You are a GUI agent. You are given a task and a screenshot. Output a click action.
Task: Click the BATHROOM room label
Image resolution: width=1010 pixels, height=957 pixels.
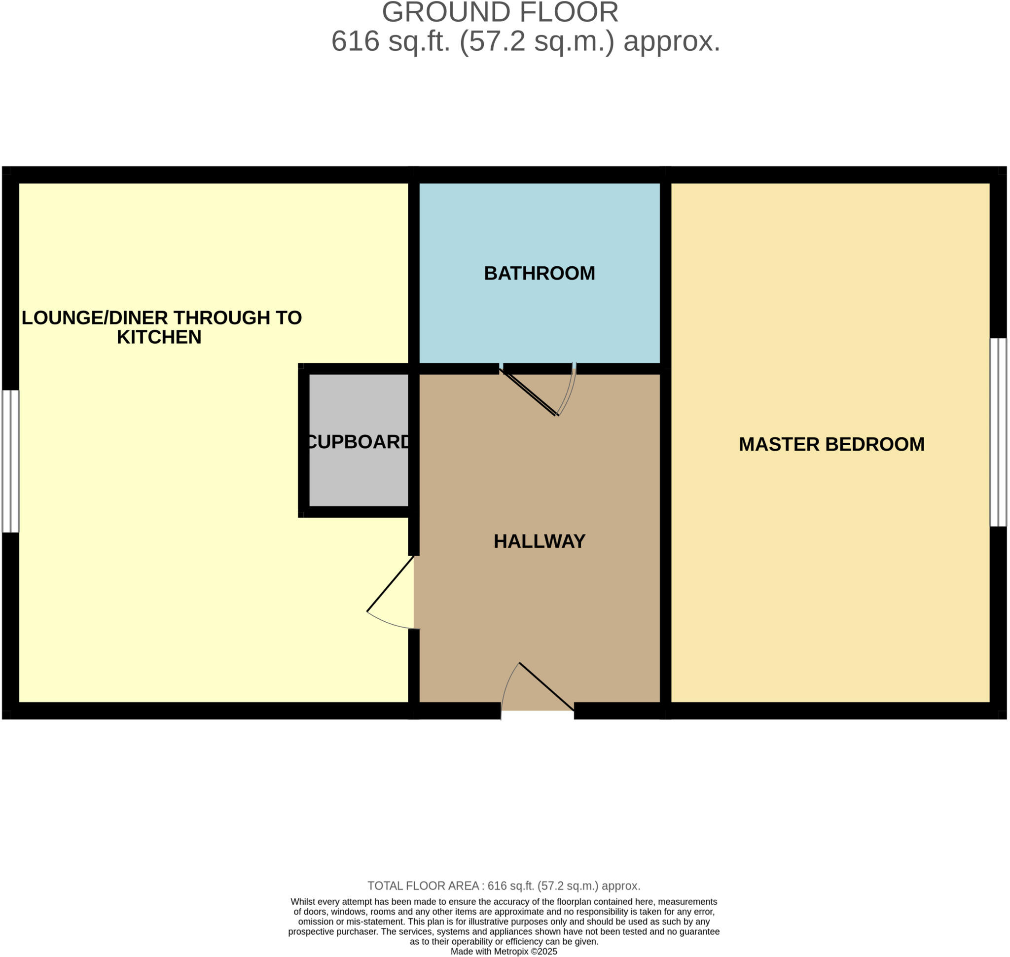coord(539,274)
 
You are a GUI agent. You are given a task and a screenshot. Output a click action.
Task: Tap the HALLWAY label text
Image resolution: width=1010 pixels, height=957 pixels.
coord(539,541)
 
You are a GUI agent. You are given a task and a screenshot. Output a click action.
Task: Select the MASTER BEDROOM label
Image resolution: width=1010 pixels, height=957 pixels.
coord(831,444)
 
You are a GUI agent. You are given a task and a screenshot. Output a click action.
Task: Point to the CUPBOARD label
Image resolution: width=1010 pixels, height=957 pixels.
coord(359,442)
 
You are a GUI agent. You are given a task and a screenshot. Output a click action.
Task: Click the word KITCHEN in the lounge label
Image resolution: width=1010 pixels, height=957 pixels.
coord(159,338)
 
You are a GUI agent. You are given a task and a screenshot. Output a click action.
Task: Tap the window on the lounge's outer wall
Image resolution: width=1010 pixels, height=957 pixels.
coord(10,461)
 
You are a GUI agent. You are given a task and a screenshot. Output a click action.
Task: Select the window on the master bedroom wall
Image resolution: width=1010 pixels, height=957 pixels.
coord(998,432)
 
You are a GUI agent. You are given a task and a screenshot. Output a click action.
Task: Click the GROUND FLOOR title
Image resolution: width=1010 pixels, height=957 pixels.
coord(500,12)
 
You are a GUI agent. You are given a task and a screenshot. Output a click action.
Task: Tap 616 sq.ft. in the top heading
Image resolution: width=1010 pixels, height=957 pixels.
coord(391,41)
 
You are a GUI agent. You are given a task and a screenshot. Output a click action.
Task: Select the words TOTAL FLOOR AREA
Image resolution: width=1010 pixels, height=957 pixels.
coord(423,886)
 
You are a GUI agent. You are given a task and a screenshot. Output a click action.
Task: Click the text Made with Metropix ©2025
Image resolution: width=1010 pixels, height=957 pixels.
coord(504,952)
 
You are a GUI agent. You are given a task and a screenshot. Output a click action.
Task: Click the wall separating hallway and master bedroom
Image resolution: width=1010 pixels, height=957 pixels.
coord(665,535)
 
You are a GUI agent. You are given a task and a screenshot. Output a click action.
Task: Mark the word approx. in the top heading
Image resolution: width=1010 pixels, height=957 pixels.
coord(672,41)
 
